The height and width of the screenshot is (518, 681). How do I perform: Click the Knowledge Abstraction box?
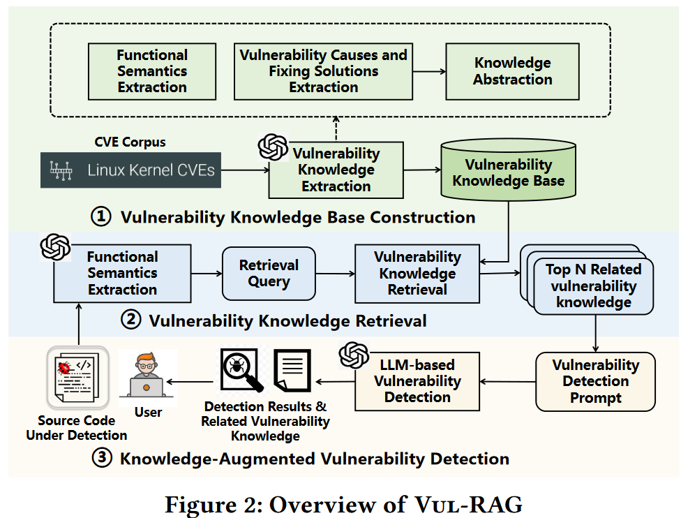click(512, 71)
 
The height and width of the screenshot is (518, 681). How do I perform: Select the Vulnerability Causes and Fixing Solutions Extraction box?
click(323, 71)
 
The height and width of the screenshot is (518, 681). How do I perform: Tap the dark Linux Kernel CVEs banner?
click(130, 170)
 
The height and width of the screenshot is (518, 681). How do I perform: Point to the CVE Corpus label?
click(130, 142)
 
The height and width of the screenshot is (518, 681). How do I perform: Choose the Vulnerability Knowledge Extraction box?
click(336, 170)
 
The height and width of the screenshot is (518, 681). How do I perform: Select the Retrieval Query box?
click(269, 274)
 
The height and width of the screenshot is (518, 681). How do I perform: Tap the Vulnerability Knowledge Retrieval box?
click(417, 273)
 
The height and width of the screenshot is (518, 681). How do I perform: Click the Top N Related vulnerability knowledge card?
click(592, 286)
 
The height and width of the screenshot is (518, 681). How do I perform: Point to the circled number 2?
click(130, 320)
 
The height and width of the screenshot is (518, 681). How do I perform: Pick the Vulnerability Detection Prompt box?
click(595, 381)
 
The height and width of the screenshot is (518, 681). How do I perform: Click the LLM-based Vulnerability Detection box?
click(417, 381)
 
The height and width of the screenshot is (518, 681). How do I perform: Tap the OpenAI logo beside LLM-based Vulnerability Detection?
click(353, 355)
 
